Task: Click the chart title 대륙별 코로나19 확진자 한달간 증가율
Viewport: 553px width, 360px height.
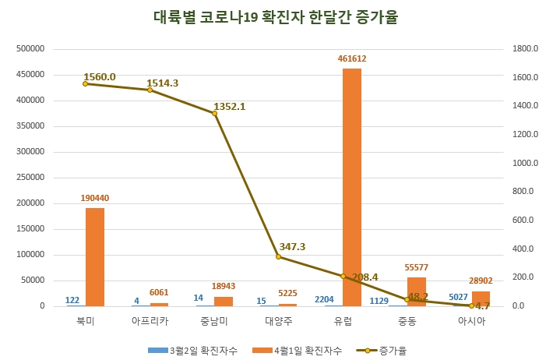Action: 276,17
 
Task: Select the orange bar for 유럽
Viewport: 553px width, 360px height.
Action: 352,187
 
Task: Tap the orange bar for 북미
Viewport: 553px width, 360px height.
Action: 95,257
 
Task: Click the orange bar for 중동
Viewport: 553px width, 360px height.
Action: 416,291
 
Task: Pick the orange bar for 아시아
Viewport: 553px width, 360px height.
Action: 481,298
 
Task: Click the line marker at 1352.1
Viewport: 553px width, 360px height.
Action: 214,113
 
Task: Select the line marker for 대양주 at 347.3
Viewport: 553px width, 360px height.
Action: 278,256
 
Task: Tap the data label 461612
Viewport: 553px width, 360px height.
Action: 352,58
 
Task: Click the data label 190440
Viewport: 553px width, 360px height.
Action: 95,198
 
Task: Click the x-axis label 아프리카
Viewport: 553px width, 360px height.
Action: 150,321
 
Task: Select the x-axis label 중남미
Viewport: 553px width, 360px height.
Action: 213,321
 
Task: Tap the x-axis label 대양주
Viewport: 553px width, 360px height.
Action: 278,321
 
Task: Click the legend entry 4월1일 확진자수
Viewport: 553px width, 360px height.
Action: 301,350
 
